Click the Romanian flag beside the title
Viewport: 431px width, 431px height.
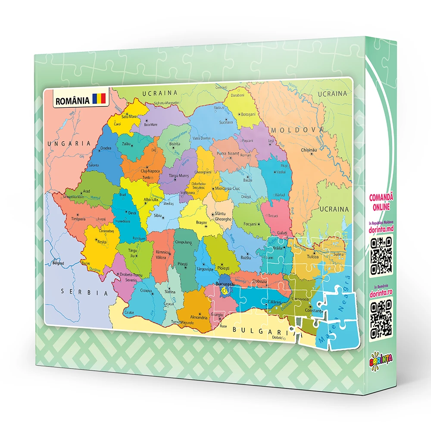point(98,99)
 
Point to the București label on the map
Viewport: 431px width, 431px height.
point(224,285)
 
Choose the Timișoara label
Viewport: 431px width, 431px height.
point(78,219)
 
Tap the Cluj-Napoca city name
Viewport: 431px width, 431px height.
point(150,171)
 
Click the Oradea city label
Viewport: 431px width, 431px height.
point(106,148)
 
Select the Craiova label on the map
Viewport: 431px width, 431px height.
point(146,291)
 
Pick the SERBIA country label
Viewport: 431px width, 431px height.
point(84,292)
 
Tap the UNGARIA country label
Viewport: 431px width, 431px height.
point(69,143)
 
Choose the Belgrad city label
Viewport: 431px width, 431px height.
point(58,263)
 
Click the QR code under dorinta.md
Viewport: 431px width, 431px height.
point(381,256)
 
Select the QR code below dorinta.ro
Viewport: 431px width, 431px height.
point(381,319)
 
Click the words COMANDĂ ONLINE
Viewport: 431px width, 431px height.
point(382,202)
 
